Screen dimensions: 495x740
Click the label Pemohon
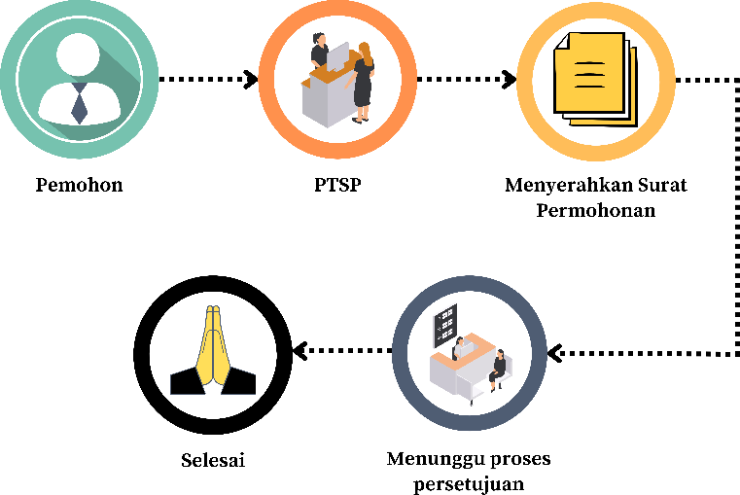80,185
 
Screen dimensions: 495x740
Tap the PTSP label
337,184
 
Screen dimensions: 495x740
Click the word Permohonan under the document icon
595,209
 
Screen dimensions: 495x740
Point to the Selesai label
213,459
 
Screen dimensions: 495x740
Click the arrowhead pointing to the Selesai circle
300,348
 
